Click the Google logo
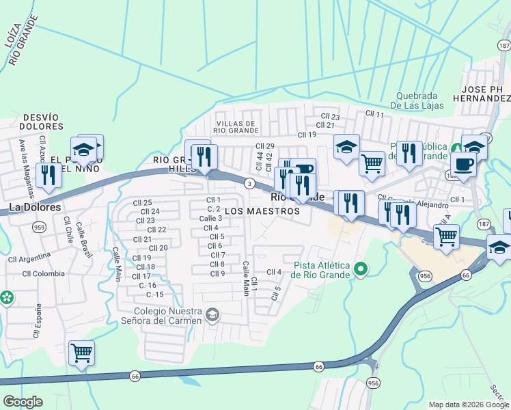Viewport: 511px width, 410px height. point(23,401)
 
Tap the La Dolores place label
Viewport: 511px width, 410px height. point(35,207)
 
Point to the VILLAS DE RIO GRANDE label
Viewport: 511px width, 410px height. point(234,126)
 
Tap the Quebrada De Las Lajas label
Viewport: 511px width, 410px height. point(417,100)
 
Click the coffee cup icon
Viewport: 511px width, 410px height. point(463,165)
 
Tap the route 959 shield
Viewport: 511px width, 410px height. point(38,228)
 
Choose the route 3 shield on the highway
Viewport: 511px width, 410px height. point(251,183)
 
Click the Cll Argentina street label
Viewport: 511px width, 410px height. point(29,258)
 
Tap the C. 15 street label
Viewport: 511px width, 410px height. point(155,295)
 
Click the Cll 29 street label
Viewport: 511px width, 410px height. point(265,146)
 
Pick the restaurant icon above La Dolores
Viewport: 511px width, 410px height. point(49,176)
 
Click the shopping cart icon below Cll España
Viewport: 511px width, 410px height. point(81,353)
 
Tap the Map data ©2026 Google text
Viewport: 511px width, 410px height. point(469,405)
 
